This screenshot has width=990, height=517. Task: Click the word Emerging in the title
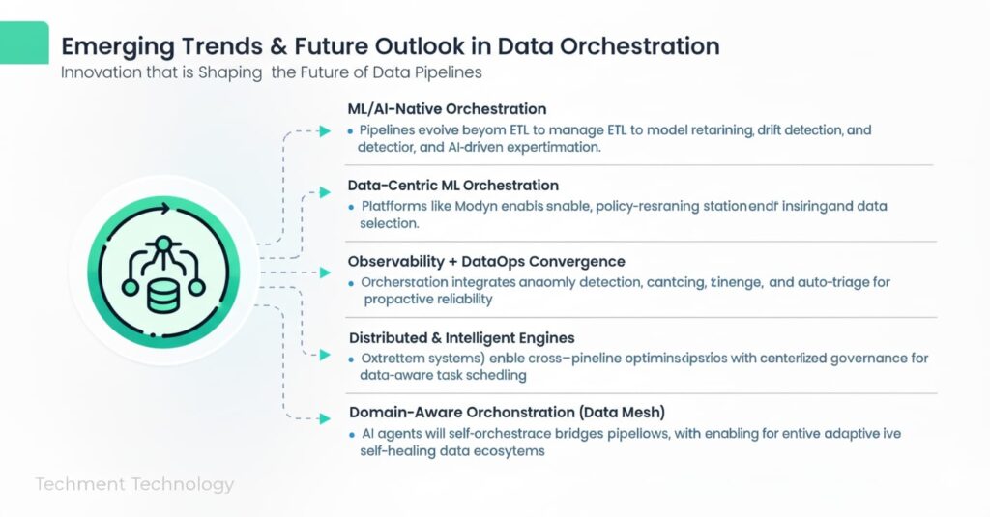(x=105, y=46)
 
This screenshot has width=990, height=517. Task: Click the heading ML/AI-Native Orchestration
(x=447, y=109)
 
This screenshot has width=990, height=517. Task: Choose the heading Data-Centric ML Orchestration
(x=452, y=185)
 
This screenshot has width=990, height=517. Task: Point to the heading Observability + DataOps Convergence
(x=485, y=261)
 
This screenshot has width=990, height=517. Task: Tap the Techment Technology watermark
(x=134, y=484)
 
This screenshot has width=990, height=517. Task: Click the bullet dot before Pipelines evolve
(x=350, y=130)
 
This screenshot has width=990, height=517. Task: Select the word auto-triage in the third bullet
(x=815, y=282)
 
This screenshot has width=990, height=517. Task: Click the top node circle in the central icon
(x=162, y=243)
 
